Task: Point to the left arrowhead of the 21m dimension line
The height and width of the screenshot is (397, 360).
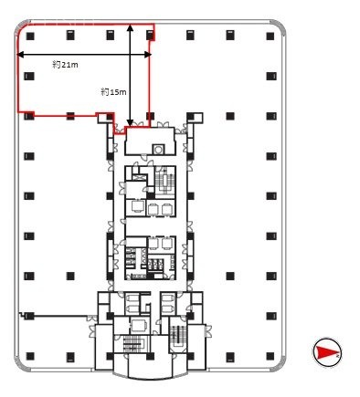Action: (x=22, y=56)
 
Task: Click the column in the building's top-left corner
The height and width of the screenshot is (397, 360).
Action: (x=28, y=36)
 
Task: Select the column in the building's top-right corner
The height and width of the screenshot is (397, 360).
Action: (x=270, y=36)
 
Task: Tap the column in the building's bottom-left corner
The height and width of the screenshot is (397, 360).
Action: (x=28, y=354)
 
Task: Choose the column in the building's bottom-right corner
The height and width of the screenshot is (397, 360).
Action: (x=270, y=354)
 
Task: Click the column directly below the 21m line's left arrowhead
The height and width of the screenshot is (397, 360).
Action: (x=28, y=76)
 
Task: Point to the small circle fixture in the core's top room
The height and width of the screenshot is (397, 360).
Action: (x=160, y=149)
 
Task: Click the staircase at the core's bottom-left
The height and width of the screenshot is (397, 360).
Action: (x=132, y=345)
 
